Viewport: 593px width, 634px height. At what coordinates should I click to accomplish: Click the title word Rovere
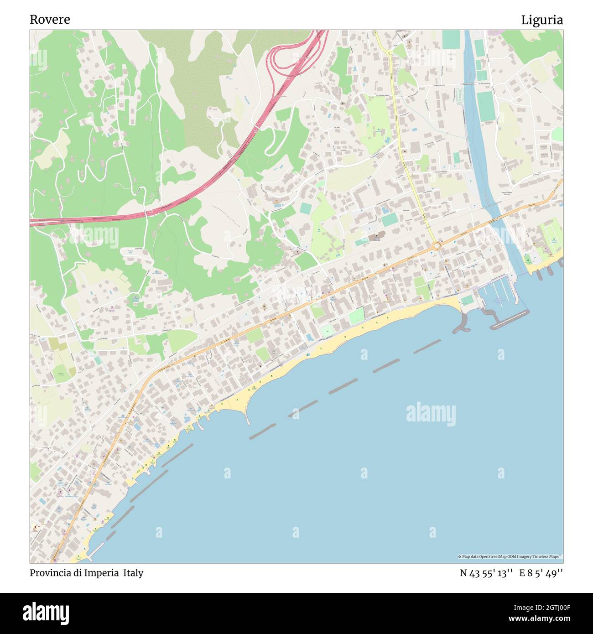tap(50, 20)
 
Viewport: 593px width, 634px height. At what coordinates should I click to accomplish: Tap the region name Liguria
tap(542, 20)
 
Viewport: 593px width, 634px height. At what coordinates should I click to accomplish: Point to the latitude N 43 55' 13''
tap(486, 573)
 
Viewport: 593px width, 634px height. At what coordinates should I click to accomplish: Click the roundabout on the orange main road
tap(437, 246)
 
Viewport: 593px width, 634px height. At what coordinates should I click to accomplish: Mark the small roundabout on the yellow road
tap(389, 53)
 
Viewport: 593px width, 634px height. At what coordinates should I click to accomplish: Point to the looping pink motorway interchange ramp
tap(278, 57)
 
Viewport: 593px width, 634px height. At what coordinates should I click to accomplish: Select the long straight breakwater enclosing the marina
tap(510, 319)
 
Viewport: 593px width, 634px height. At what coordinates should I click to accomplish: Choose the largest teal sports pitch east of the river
tap(486, 106)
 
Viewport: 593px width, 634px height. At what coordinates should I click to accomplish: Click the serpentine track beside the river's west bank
tap(459, 96)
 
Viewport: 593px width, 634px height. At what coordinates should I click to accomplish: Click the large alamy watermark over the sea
tap(431, 414)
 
